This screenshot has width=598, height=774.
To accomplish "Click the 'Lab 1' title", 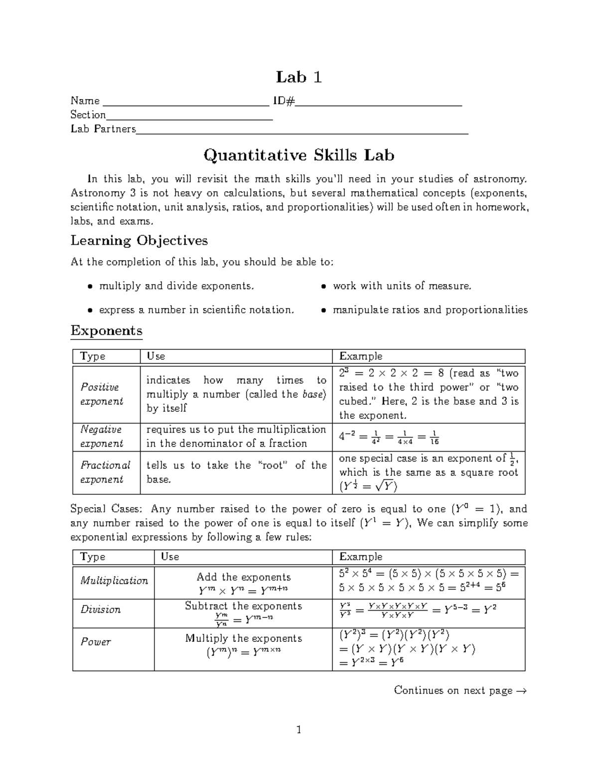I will point(299,77).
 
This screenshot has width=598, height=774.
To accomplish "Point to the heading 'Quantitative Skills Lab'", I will point(299,155).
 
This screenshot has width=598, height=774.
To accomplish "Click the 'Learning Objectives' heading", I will point(139,241).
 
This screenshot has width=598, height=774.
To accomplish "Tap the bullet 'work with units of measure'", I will point(402,286).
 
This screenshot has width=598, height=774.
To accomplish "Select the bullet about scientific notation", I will point(196,310).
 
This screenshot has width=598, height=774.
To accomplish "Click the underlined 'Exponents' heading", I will point(107,331).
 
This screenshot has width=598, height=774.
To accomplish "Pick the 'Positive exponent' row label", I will point(101,394).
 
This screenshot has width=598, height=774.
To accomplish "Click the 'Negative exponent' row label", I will point(101,437).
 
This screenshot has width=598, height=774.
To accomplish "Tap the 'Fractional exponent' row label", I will point(105,472).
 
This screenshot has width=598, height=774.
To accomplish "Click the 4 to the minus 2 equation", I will point(389,437).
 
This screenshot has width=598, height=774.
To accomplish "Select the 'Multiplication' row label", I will point(114,581).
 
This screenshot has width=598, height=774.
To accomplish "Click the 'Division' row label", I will point(101,610).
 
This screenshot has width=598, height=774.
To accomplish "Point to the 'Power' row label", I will point(96,642).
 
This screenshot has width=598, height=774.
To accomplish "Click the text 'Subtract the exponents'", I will point(243,606).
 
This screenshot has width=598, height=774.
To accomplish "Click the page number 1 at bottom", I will point(299,730).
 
